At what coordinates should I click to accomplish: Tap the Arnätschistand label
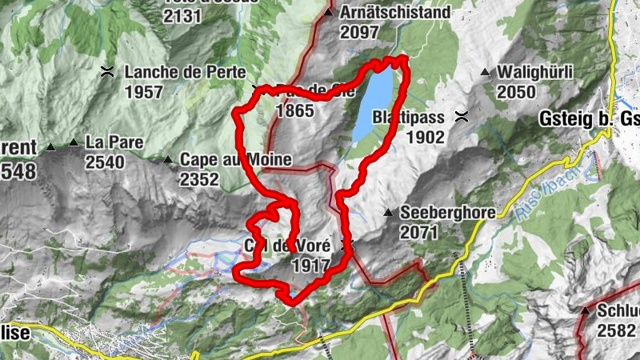[x=395, y=14]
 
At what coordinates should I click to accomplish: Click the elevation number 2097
[x=359, y=33]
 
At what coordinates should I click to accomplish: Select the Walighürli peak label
[x=534, y=72]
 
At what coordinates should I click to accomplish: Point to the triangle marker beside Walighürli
[x=485, y=73]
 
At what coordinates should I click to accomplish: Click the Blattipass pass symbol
[x=462, y=117]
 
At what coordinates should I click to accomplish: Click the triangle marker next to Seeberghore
[x=388, y=213]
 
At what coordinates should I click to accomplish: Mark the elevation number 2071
[x=420, y=233]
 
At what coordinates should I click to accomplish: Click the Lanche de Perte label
[x=185, y=71]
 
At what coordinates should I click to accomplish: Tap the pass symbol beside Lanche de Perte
[x=106, y=71]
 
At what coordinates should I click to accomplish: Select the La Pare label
[x=114, y=142]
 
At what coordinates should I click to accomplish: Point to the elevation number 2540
[x=106, y=163]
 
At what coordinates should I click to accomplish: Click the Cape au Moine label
[x=235, y=159]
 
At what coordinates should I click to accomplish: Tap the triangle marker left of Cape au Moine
[x=167, y=160]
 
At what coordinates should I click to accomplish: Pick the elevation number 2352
[x=199, y=180]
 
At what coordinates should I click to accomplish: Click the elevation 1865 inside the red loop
[x=294, y=111]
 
